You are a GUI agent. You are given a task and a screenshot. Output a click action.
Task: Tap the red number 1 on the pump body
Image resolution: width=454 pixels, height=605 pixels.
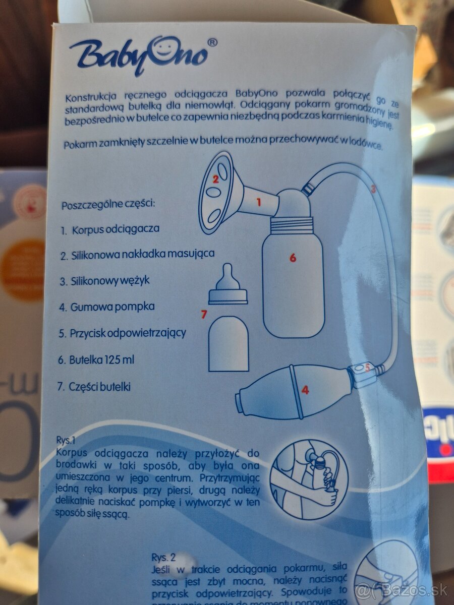tap(259, 203)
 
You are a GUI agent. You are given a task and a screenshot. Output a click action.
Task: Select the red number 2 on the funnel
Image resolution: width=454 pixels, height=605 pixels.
tap(215, 178)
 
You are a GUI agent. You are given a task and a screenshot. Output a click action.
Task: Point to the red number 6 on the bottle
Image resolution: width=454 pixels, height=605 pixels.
tap(293, 258)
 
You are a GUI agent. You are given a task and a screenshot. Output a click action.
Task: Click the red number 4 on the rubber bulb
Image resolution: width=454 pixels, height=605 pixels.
tap(305, 390)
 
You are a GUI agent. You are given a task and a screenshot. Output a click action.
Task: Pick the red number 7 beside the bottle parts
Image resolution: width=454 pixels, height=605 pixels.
tap(204, 315)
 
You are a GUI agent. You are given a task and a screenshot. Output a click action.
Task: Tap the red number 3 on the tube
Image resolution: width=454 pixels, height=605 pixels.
tap(373, 190)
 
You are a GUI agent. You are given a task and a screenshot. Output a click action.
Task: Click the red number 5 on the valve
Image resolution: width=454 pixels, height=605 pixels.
tap(367, 369)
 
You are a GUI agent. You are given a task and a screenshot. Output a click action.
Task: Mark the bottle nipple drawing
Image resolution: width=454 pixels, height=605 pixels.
tap(228, 286)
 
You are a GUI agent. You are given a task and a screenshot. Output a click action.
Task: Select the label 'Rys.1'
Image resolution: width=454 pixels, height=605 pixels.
tap(66, 439)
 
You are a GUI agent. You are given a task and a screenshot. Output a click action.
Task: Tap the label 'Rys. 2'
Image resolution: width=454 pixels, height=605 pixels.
tap(163, 557)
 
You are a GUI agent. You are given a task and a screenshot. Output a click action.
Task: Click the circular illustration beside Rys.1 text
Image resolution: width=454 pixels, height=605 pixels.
tap(309, 474)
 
